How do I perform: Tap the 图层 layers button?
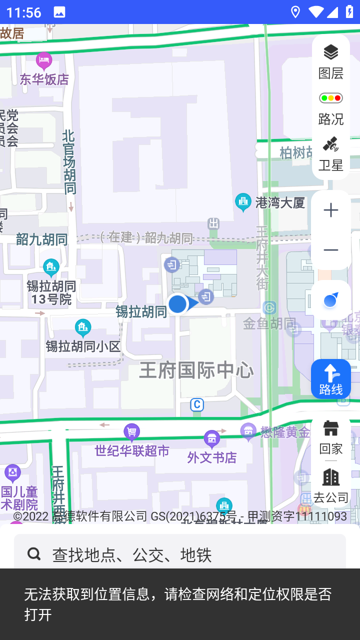[x=330, y=61]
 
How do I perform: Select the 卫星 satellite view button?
[x=330, y=153]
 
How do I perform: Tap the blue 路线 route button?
[x=330, y=379]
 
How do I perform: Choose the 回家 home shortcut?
[x=330, y=436]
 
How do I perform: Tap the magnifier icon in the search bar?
[x=34, y=553]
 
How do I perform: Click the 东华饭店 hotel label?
[x=44, y=79]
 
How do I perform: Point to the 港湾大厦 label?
[x=280, y=202]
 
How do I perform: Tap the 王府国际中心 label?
[x=196, y=370]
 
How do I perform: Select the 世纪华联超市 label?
[x=132, y=451]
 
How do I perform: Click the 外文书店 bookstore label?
[x=212, y=457]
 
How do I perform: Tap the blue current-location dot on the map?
[x=177, y=303]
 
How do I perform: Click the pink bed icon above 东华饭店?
[x=44, y=61]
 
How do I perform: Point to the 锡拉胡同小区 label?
[x=83, y=346]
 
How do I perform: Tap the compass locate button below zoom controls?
[x=330, y=300]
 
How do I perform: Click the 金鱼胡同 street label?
[x=269, y=323]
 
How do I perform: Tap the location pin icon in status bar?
[x=295, y=12]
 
